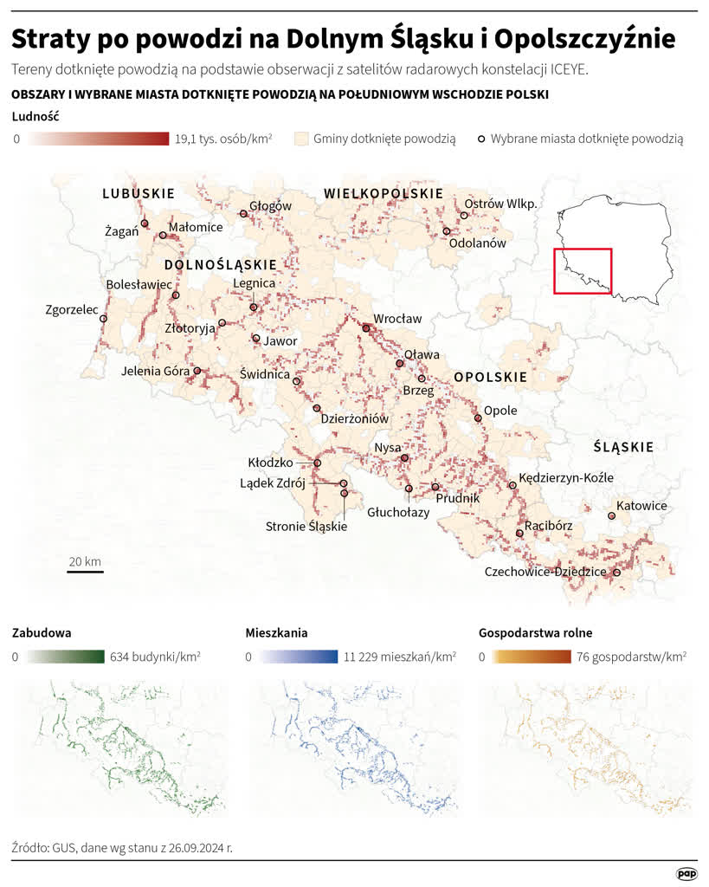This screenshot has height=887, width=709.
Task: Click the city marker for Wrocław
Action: [x=366, y=328]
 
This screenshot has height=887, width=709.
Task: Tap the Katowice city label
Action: [x=641, y=506]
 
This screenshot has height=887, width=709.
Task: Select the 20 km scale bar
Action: [x=85, y=571]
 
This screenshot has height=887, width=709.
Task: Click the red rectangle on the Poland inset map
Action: [x=583, y=271]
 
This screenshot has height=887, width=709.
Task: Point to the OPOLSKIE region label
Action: [x=490, y=378]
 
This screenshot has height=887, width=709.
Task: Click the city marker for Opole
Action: [x=478, y=418]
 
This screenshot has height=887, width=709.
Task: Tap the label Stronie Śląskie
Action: [x=306, y=526]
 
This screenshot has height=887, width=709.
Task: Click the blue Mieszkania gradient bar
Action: [x=298, y=657]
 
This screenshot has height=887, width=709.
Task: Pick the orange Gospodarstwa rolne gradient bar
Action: [x=531, y=657]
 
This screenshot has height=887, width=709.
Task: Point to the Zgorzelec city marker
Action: [x=103, y=319]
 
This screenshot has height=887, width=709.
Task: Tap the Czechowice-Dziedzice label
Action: [x=545, y=572]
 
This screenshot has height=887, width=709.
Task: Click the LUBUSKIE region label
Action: [x=139, y=193]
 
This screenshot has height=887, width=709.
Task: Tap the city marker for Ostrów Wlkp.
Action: [x=464, y=216]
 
